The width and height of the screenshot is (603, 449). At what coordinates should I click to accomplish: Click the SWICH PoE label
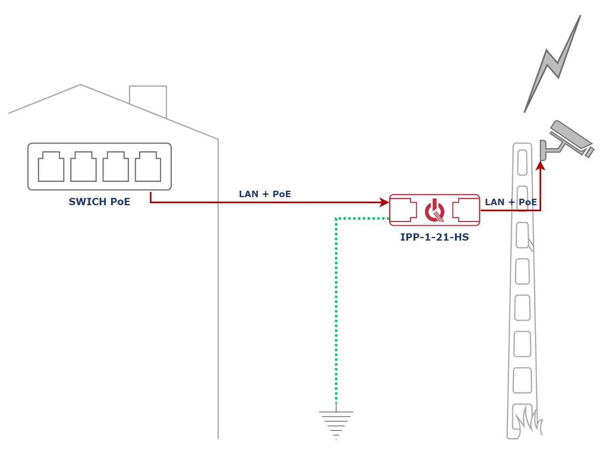click(x=100, y=202)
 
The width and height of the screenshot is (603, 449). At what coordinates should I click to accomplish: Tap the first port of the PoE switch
click(x=51, y=167)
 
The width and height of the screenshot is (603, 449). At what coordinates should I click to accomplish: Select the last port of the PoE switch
click(x=148, y=167)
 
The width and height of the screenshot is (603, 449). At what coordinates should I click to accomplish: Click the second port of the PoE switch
click(x=83, y=167)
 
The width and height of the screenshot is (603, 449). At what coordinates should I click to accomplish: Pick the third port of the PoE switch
click(x=115, y=167)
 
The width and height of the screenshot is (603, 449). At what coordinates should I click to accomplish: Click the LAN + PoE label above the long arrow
click(x=265, y=194)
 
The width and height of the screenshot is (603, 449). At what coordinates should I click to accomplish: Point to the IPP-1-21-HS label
click(x=435, y=238)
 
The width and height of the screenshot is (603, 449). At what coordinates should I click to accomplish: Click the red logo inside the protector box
click(x=435, y=210)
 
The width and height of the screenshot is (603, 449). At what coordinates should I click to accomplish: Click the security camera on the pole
click(x=568, y=139)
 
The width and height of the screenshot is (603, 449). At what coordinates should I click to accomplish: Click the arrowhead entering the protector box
click(x=384, y=202)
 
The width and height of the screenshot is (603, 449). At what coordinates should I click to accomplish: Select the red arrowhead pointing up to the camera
click(x=541, y=165)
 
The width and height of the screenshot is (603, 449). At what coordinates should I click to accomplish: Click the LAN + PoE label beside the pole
click(x=511, y=202)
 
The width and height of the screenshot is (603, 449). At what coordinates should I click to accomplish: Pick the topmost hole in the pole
click(x=522, y=162)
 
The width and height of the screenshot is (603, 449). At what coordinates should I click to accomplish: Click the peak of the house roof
click(x=81, y=84)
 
